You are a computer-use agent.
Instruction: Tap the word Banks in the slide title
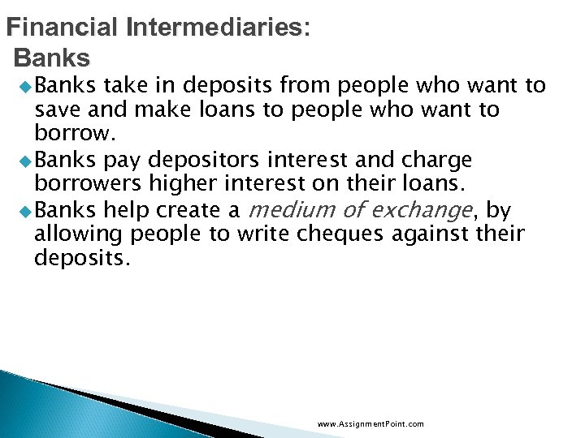(53, 58)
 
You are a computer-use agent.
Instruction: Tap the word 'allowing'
(72, 235)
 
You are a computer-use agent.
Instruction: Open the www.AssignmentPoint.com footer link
(370, 424)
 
